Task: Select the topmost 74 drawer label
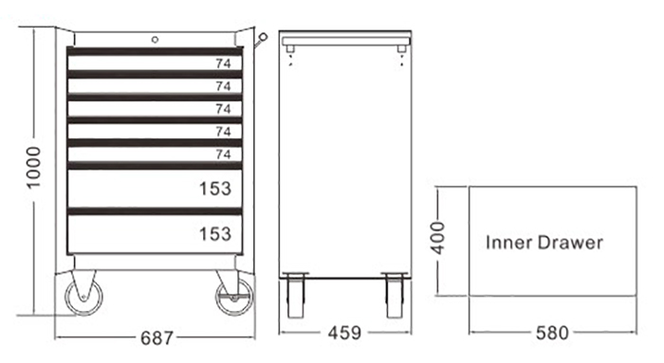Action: pos(223,64)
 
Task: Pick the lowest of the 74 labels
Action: pos(223,154)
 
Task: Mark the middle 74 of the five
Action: pos(223,109)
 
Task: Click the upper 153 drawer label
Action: pos(215,189)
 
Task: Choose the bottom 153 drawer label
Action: pos(215,233)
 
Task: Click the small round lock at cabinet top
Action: pos(155,40)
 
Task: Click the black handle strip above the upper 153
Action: pos(154,166)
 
